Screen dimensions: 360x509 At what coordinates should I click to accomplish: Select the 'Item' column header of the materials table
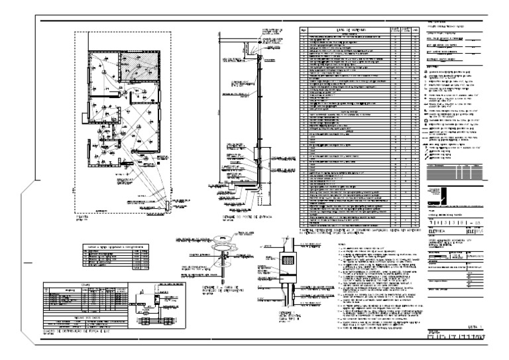(304, 30)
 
